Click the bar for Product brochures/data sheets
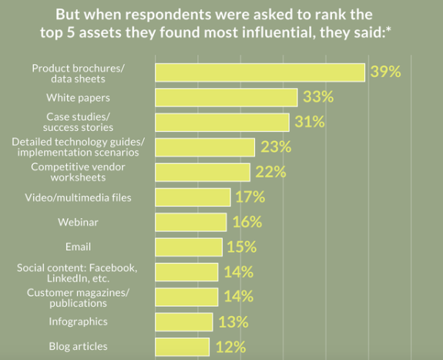[x=260, y=72]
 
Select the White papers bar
[x=227, y=97]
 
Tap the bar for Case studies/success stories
[x=222, y=122]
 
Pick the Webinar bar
[x=191, y=222]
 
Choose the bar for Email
[x=189, y=247]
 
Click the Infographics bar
[x=184, y=321]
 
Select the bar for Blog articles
[x=183, y=346]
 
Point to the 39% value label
[x=385, y=72]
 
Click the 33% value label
[x=317, y=97]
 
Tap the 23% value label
[x=275, y=147]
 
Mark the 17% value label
[x=250, y=197]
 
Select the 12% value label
[x=229, y=346]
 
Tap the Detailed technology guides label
[x=79, y=146]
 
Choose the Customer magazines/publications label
[x=79, y=297]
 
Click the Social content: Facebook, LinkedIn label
[x=77, y=272]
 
